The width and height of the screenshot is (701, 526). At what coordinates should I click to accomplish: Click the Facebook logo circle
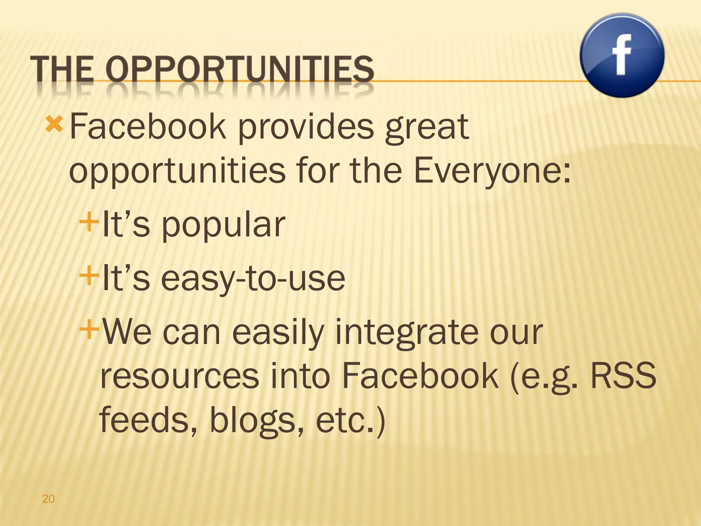point(622,55)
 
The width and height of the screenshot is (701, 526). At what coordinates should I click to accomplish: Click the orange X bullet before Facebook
point(54,125)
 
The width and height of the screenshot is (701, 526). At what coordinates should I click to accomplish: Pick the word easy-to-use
point(253,279)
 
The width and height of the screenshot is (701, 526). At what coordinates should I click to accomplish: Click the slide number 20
point(48,499)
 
